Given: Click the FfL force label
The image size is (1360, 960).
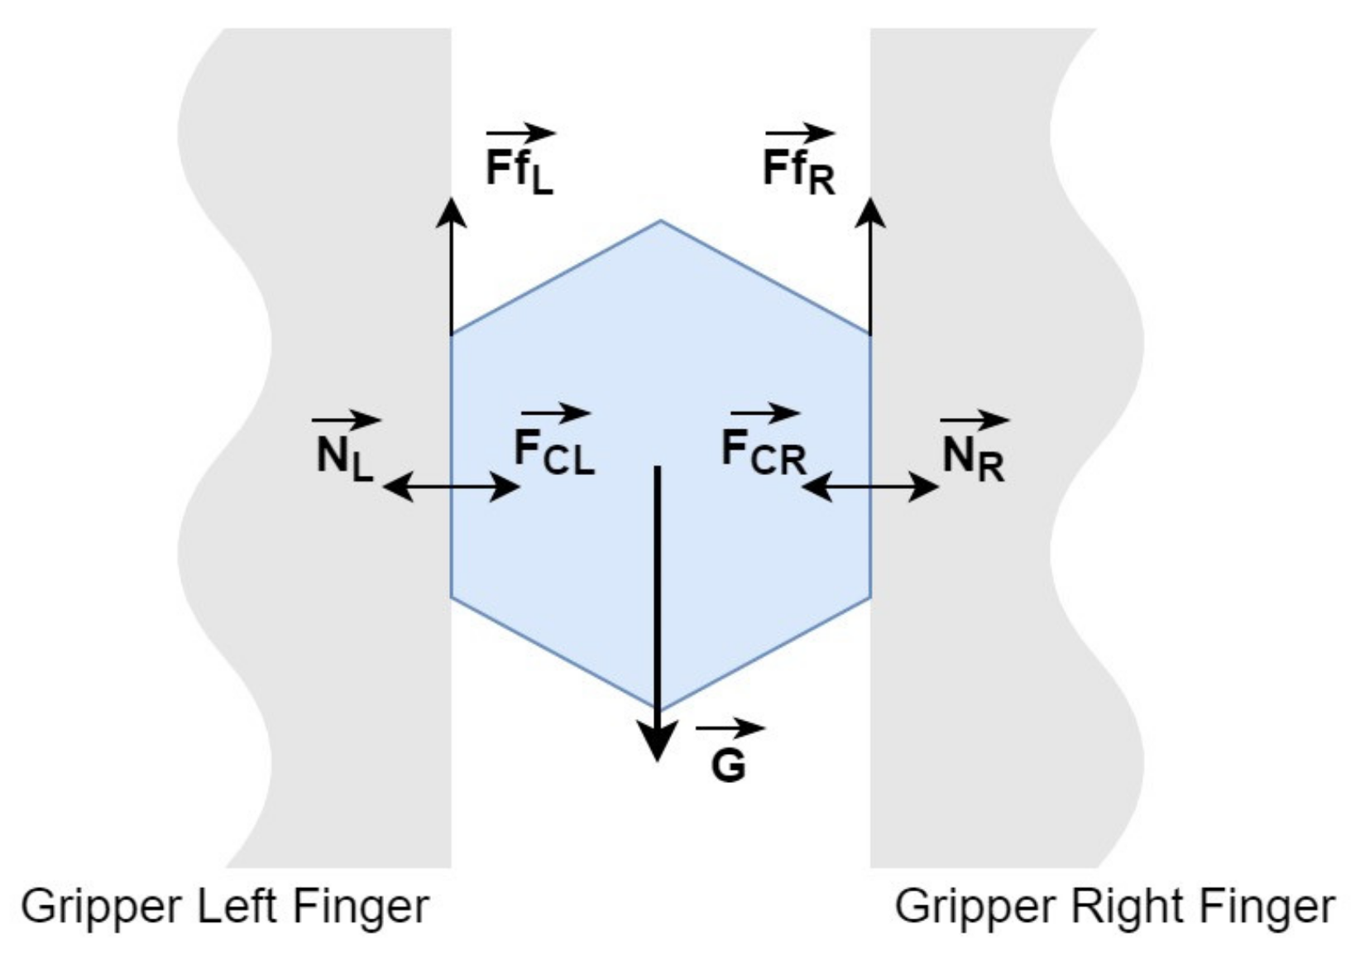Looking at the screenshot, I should pos(520,170).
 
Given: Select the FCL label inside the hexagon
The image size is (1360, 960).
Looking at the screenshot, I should pos(553,452).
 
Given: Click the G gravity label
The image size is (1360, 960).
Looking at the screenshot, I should pos(728,766).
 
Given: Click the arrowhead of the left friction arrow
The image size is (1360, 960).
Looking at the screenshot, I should pos(451,210).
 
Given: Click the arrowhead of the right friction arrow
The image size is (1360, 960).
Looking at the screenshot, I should pos(870,210).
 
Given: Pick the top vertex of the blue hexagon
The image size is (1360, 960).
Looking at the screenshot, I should pos(660,221).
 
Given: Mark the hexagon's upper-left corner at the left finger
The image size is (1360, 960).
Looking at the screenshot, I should pos(451,335).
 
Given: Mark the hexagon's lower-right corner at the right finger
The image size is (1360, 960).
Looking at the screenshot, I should pos(870,596).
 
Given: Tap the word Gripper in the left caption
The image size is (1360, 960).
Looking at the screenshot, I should pos(102,907).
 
